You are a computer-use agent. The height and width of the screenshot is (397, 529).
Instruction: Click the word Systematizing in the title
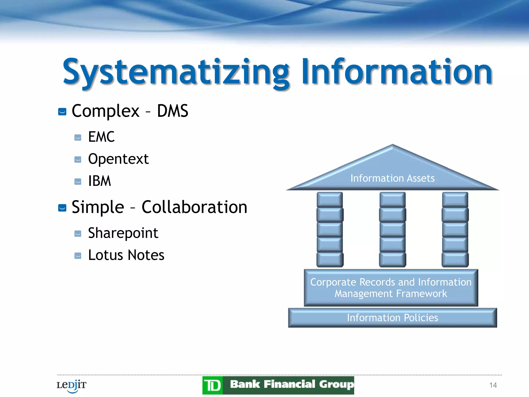click(176, 72)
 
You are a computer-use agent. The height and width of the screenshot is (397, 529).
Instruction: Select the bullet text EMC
click(101, 137)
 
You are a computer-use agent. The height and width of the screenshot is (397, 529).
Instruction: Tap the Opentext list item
click(118, 159)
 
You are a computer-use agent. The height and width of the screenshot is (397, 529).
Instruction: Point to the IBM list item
click(99, 181)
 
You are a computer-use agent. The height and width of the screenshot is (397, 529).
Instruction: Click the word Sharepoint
click(123, 233)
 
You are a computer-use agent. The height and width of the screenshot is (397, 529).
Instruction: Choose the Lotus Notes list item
click(126, 255)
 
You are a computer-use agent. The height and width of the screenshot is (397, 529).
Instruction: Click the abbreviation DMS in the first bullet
click(173, 111)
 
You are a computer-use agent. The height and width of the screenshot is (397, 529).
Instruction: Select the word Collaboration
click(194, 207)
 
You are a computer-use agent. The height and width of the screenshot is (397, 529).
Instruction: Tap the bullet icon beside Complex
click(62, 112)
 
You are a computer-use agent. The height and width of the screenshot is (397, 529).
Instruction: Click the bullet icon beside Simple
click(62, 208)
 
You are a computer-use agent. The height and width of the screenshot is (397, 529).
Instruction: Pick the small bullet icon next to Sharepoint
click(78, 234)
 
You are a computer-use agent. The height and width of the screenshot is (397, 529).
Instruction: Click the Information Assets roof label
click(392, 178)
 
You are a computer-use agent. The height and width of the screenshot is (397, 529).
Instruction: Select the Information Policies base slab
click(392, 318)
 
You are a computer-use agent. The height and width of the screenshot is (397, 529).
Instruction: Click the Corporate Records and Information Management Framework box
click(391, 288)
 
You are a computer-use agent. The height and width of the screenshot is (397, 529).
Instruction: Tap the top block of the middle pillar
click(392, 200)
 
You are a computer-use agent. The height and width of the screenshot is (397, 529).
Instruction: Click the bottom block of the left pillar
click(330, 259)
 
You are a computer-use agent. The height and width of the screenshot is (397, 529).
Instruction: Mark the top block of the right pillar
click(455, 200)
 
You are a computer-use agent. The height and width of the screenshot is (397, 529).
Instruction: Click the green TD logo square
click(213, 385)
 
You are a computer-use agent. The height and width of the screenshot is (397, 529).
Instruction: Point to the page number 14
click(493, 385)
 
